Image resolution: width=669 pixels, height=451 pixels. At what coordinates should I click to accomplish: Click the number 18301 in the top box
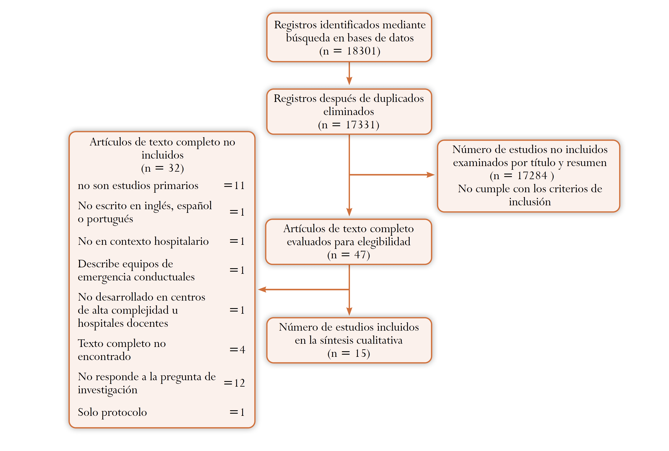tap(361, 51)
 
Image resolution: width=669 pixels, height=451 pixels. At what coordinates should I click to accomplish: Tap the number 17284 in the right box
tap(532, 176)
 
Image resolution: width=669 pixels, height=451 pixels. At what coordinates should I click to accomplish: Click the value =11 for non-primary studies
tap(234, 186)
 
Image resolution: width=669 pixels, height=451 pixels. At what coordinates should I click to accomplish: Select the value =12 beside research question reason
tap(234, 383)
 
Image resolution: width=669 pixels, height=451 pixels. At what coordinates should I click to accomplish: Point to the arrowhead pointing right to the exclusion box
tap(430, 175)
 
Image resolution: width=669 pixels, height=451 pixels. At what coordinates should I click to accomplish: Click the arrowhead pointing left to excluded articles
tap(262, 289)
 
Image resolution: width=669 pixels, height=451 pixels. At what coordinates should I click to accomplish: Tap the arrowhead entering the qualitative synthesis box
tap(349, 312)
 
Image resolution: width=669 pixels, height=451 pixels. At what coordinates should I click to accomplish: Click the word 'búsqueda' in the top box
tap(308, 38)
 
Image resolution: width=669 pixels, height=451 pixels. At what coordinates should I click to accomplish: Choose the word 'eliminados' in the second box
tap(348, 111)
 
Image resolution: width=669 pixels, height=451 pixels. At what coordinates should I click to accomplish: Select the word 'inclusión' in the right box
tap(530, 202)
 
